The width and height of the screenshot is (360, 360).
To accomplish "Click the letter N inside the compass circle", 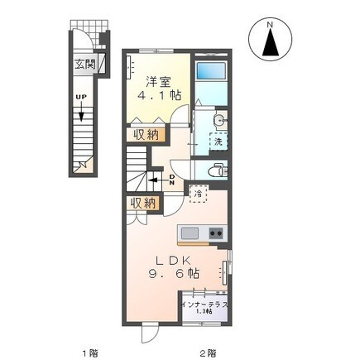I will pyautogui.click(x=271, y=27).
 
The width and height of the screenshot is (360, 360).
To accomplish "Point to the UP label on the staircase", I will pyautogui.click(x=81, y=97).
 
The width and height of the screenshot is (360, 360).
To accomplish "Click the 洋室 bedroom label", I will pyautogui.click(x=159, y=81).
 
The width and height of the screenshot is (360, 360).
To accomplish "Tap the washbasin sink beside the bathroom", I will pyautogui.click(x=216, y=123).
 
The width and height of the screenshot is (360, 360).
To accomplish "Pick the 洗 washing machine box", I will pyautogui.click(x=218, y=142).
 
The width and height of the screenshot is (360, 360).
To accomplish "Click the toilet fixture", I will pyautogui.click(x=217, y=170).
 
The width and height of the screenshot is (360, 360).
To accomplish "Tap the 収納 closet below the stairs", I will pyautogui.click(x=142, y=203).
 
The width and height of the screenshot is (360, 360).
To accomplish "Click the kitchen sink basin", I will pyautogui.click(x=190, y=232).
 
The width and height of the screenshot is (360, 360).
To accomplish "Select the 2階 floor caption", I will pyautogui.click(x=207, y=351).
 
